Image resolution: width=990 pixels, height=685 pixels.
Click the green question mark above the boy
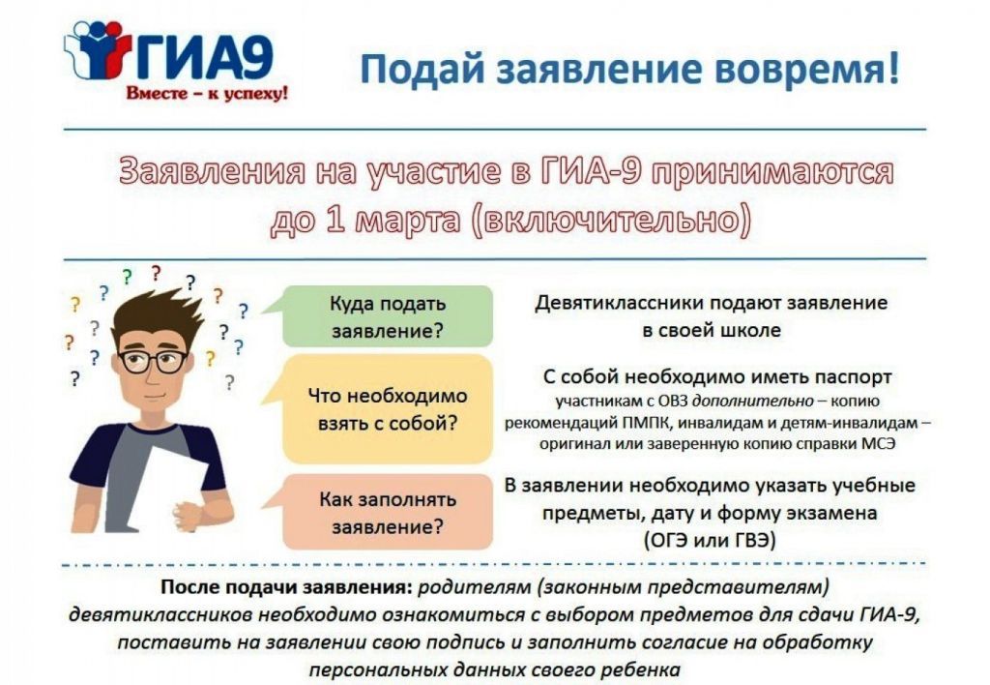(x=128, y=277)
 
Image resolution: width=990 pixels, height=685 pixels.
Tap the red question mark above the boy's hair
(x=156, y=273)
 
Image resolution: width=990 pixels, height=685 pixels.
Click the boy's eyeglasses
(x=154, y=361)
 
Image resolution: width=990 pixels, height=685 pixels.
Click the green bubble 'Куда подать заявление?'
(x=387, y=316)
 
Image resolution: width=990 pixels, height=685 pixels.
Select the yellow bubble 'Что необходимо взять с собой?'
(x=387, y=409)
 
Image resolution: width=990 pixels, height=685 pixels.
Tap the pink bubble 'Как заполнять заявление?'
(x=387, y=512)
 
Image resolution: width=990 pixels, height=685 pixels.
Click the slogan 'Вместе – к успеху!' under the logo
(x=207, y=94)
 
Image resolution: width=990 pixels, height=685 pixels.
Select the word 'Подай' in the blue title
(x=422, y=69)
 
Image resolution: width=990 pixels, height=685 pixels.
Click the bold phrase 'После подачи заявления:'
(x=286, y=587)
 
